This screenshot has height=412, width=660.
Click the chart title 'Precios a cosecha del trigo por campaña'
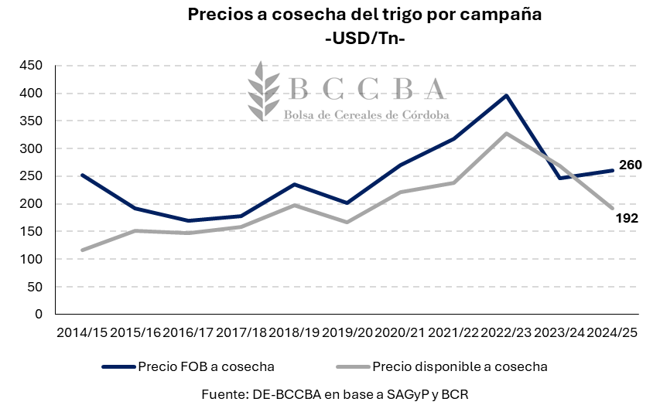[363, 15]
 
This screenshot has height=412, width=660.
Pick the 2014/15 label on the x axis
[81, 333]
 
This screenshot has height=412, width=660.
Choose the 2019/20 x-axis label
[347, 333]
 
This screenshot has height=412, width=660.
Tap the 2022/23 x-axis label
[506, 333]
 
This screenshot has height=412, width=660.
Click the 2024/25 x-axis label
[612, 333]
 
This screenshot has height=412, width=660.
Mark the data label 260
[630, 165]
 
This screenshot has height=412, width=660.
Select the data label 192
[627, 219]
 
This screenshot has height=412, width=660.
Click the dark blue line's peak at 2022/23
[506, 96]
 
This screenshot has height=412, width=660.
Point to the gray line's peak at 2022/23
[506, 134]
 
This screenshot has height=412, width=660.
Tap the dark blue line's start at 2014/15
[82, 175]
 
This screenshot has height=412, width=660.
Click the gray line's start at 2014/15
[82, 250]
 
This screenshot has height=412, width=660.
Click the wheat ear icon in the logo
[262, 90]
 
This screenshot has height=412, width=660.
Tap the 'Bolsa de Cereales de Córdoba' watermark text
[368, 114]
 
